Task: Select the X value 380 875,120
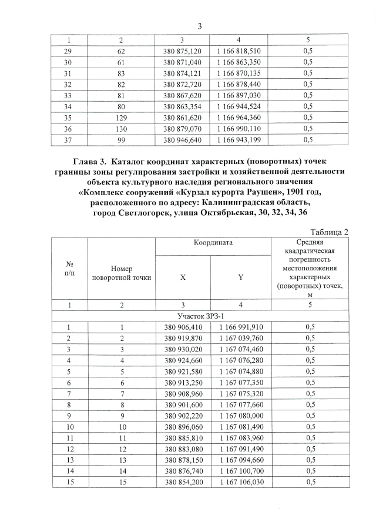[182, 51]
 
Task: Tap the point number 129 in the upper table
[120, 118]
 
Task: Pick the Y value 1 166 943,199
[239, 140]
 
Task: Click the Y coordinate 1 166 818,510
[239, 51]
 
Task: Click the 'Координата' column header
[211, 242]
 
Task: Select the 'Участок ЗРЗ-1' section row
[199, 316]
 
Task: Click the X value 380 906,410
[182, 327]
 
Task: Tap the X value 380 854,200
[182, 482]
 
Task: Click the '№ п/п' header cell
[69, 269]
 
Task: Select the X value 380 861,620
[182, 118]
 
